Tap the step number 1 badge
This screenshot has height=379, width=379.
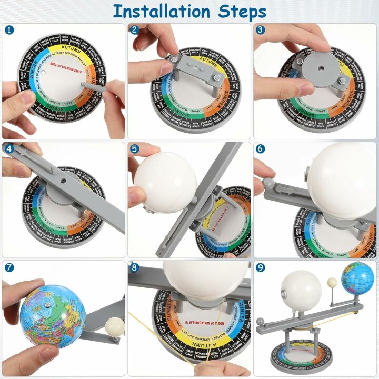(x=9, y=31)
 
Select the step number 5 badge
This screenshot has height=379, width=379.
(x=135, y=149)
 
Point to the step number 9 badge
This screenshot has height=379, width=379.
(x=261, y=267)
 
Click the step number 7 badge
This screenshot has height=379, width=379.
(x=9, y=267)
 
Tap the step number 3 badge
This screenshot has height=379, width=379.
(x=261, y=31)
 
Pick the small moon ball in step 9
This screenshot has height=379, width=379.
(x=332, y=284)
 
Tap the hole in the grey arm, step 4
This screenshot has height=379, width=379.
(x=64, y=180)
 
